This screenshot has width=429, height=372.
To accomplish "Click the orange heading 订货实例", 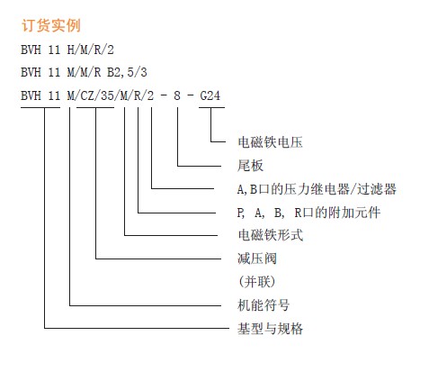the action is [51, 25].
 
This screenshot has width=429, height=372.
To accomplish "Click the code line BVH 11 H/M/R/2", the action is [67, 50].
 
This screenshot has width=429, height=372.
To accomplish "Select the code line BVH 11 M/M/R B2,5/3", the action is [84, 72].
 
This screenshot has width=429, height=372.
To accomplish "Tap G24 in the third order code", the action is [210, 95].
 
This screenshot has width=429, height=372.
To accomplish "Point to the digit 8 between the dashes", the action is [177, 95].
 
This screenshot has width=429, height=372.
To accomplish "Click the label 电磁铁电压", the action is [270, 142].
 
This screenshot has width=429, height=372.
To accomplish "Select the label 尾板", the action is [250, 166].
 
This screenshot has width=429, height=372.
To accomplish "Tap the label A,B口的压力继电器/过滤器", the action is [317, 189].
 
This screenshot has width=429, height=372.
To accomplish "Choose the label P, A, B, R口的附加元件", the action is [308, 213].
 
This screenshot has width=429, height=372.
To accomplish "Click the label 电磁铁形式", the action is [271, 235].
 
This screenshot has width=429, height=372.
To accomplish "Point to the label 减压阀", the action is [257, 259].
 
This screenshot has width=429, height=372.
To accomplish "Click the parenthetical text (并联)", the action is [256, 282].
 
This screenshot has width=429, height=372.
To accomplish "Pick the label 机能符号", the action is [264, 305].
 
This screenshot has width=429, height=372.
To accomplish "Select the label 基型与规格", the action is [270, 329].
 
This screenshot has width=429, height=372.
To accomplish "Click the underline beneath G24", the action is [212, 107].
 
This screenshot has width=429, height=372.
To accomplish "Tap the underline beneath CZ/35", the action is [95, 107].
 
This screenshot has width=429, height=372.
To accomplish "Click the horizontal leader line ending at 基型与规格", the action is [137, 328].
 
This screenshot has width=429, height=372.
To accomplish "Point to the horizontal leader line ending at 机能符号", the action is [146, 305].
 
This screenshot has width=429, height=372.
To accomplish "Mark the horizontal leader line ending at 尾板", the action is [200, 166].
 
